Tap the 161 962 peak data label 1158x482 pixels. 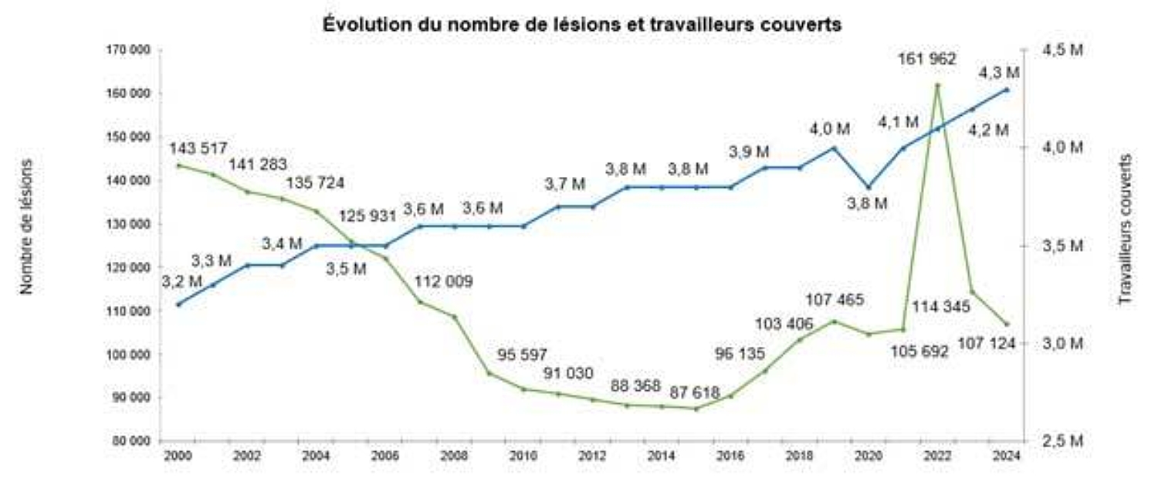click(926, 58)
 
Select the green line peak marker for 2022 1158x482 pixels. click(937, 85)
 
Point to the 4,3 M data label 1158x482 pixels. click(998, 73)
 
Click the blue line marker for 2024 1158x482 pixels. click(1007, 90)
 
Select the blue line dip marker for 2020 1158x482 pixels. click(868, 187)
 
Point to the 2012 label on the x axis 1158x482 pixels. click(593, 456)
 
